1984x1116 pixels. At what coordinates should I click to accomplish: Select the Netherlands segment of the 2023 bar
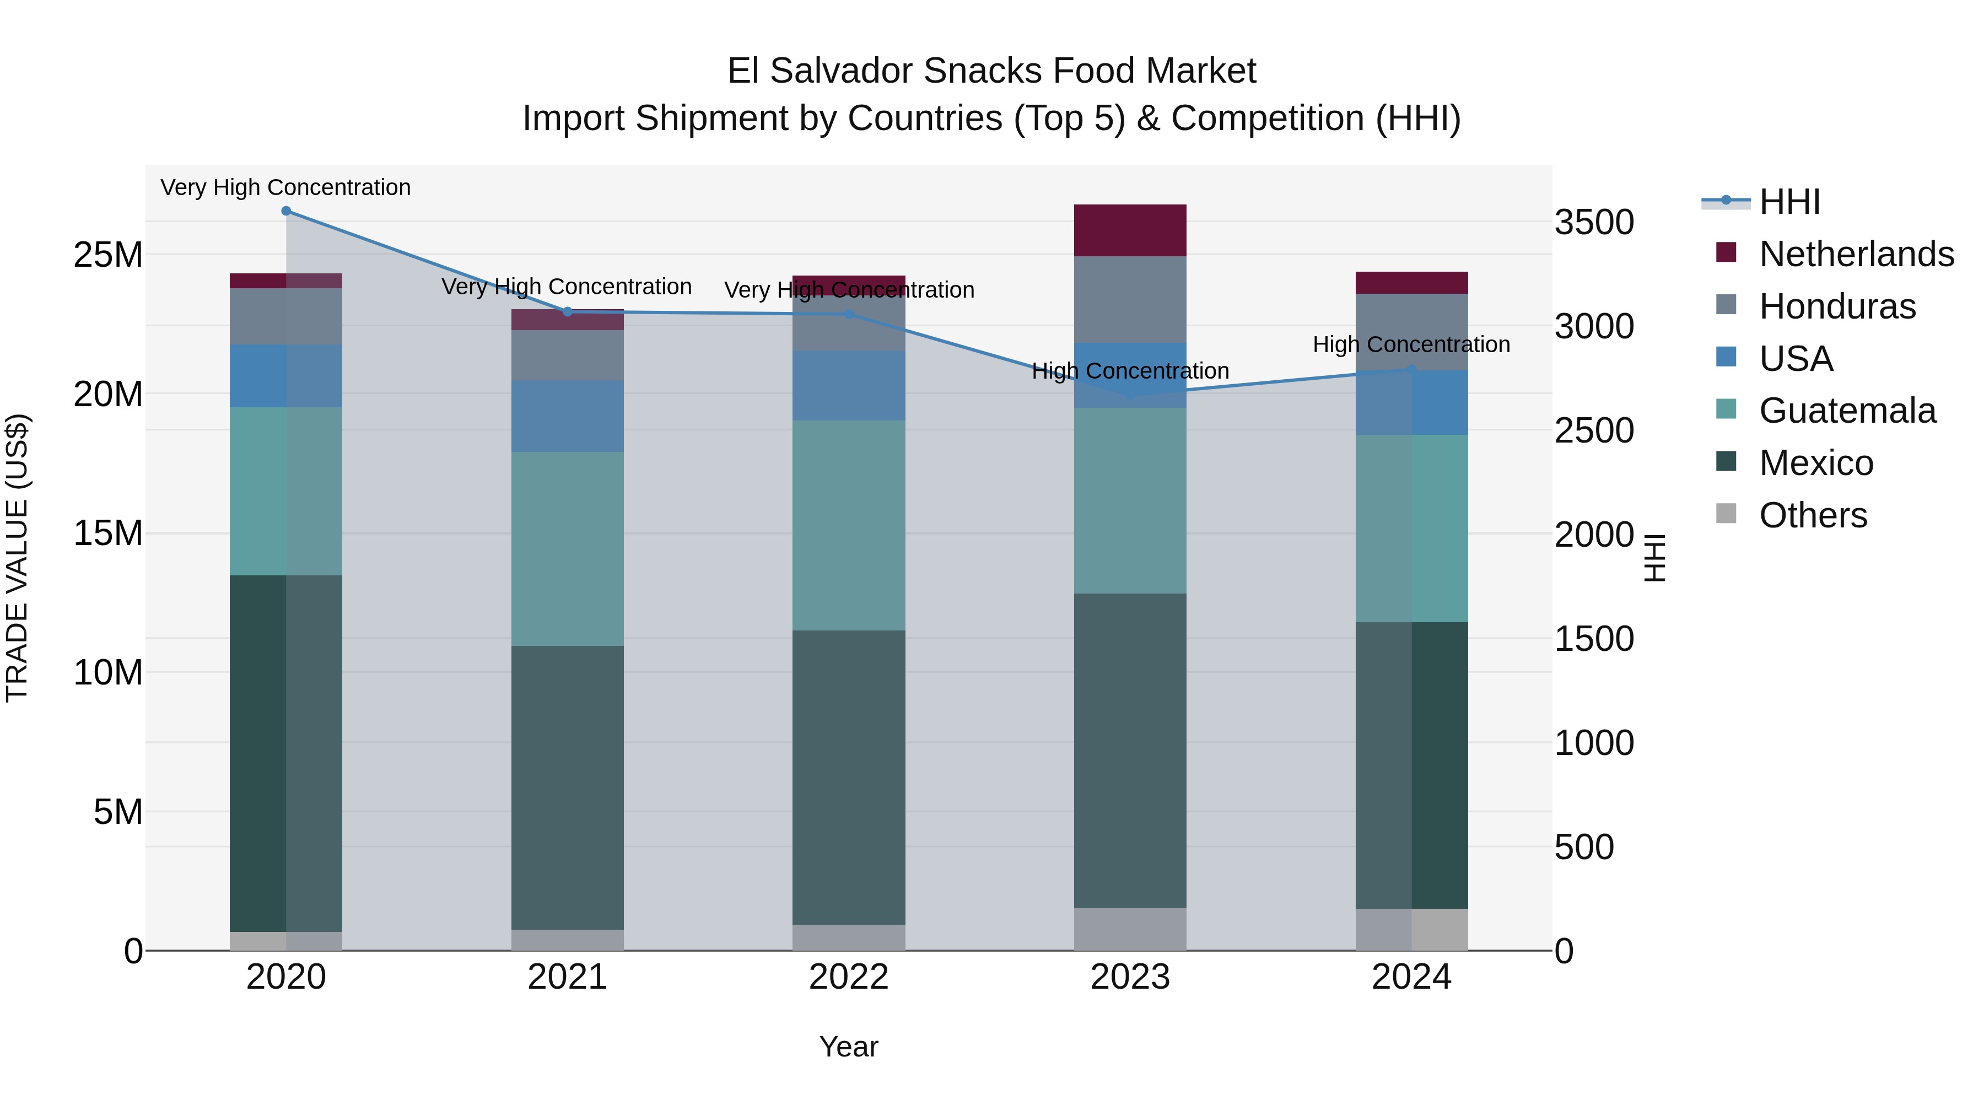coord(1130,230)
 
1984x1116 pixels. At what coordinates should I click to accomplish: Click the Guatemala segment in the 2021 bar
coord(568,548)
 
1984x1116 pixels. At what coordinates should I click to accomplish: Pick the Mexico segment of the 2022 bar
coord(849,777)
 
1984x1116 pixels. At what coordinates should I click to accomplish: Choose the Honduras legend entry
coord(1837,306)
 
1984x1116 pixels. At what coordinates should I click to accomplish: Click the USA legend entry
coord(1796,359)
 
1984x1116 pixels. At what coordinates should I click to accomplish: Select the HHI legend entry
coord(1789,202)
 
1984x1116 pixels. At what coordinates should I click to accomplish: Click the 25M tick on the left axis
coord(108,255)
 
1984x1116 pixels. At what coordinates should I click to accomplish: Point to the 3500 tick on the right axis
coord(1593,223)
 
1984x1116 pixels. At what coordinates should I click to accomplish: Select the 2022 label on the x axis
coord(849,977)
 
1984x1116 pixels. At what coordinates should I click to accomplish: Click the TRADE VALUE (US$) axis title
coord(18,558)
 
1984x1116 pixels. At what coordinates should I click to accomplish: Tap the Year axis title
coord(849,1047)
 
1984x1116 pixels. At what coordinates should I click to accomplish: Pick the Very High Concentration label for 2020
coord(285,187)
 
